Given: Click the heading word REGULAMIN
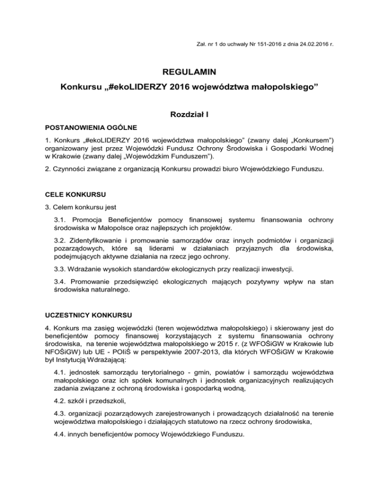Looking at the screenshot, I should point(189,73).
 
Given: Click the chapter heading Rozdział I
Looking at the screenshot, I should point(189,117).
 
